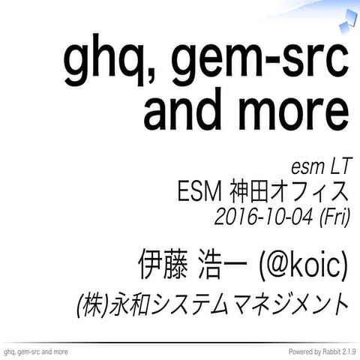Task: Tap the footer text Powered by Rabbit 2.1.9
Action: click(x=318, y=352)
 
